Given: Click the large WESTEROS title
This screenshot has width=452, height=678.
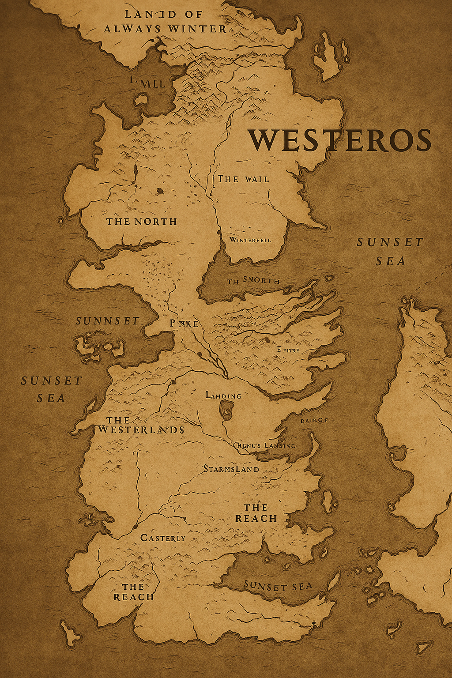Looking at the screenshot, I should pyautogui.click(x=339, y=140).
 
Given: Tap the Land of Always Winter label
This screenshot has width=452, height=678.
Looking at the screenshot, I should pyautogui.click(x=165, y=22).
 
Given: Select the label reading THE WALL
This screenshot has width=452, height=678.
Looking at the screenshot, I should pyautogui.click(x=243, y=179).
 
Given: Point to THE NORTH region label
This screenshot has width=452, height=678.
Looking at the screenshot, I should pyautogui.click(x=142, y=222).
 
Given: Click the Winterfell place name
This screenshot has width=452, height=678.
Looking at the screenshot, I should pyautogui.click(x=250, y=240).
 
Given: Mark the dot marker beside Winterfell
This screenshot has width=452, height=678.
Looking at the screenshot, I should pyautogui.click(x=219, y=232).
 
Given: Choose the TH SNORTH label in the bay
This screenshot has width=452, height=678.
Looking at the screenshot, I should pyautogui.click(x=253, y=281).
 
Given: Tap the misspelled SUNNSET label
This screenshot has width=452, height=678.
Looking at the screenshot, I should pyautogui.click(x=108, y=321).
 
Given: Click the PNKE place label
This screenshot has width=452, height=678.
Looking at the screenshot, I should pyautogui.click(x=184, y=324).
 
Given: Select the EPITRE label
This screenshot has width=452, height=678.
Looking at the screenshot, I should pyautogui.click(x=288, y=350).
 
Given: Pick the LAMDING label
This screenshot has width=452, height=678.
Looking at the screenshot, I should pyautogui.click(x=223, y=395).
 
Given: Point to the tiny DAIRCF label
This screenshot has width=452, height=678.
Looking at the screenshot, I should pyautogui.click(x=314, y=421).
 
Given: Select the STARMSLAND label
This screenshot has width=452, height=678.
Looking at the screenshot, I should pyautogui.click(x=231, y=469).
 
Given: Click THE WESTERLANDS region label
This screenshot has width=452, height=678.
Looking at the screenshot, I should pyautogui.click(x=141, y=425).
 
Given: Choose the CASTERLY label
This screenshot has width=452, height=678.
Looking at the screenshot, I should pyautogui.click(x=163, y=538).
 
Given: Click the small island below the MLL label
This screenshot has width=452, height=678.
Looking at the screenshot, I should pyautogui.click(x=142, y=99).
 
